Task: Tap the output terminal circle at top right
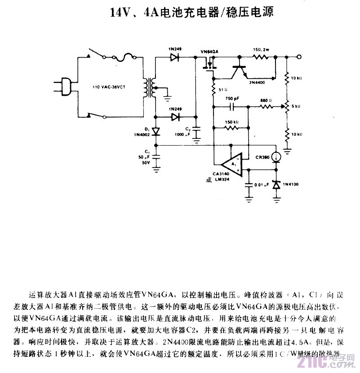coord(299,57)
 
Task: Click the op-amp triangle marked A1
coord(233,162)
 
